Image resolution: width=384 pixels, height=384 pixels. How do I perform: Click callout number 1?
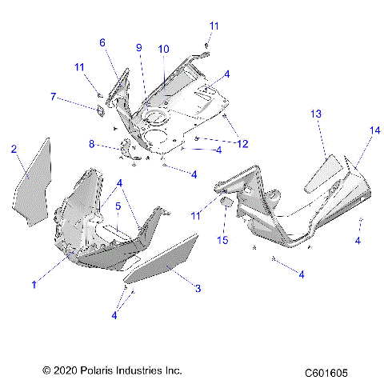(34, 283)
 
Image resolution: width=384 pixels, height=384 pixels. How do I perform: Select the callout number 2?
(14, 149)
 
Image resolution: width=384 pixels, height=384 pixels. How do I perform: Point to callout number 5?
(118, 206)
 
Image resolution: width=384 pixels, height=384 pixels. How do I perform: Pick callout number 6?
(102, 43)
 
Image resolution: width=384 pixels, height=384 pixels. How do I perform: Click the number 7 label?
(54, 97)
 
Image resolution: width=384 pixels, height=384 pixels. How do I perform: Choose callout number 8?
(92, 144)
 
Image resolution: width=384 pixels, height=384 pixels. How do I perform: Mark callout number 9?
(138, 48)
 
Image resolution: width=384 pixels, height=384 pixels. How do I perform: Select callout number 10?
(163, 49)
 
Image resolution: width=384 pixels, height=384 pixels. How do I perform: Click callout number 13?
(316, 115)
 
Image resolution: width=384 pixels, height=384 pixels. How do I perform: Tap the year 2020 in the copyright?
(62, 371)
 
